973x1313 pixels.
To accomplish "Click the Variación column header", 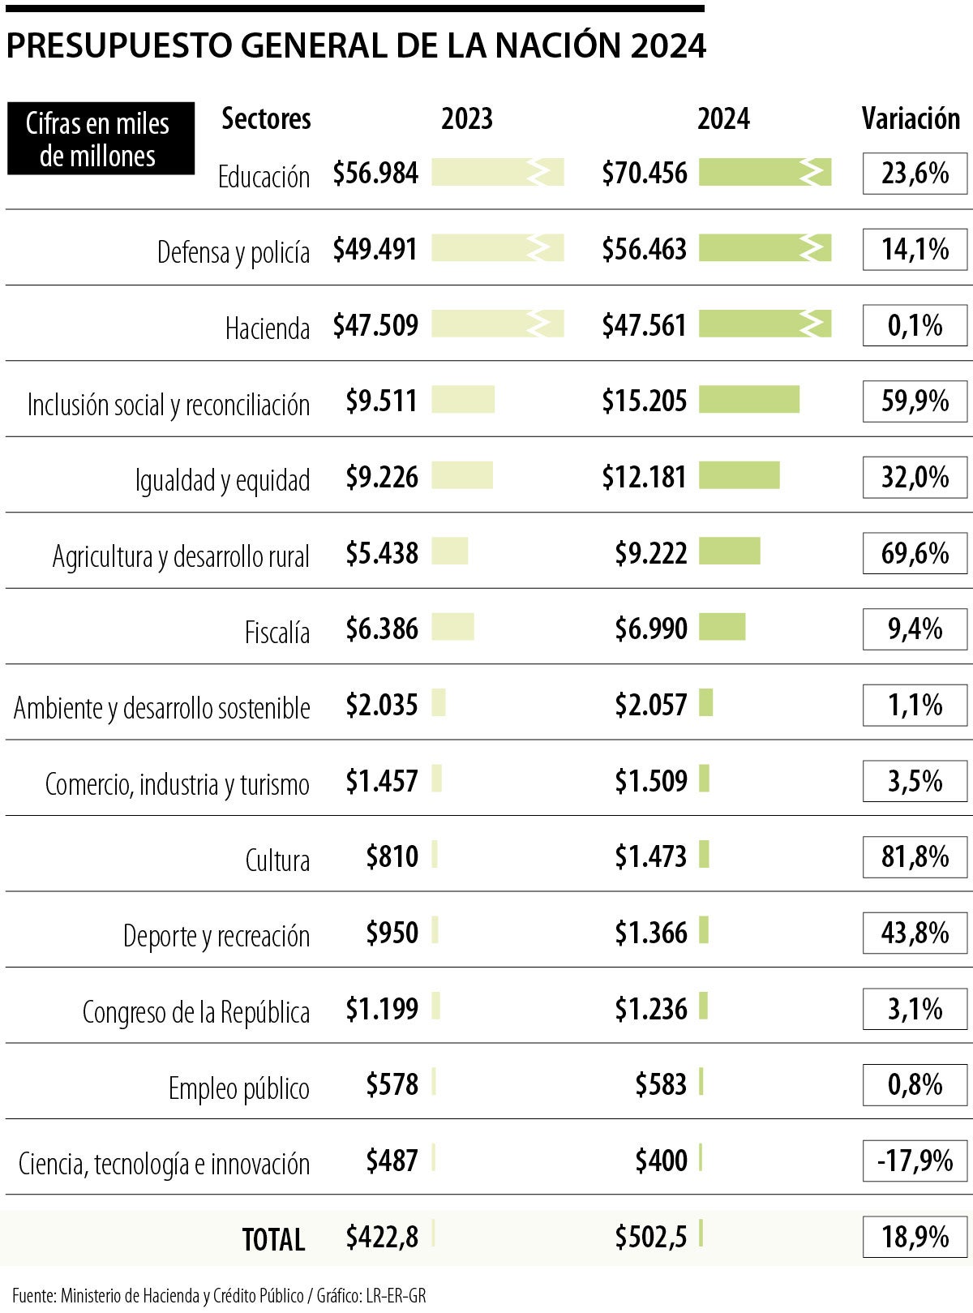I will pos(910,119).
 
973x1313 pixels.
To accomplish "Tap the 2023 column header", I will pos(466,119).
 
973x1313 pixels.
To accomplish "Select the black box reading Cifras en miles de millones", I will pos(101,139).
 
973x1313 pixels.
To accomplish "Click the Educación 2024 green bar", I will pos(765,173).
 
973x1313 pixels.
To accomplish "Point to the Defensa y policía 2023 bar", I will pos(497,248).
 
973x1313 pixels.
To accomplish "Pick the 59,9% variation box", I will pos(915,401).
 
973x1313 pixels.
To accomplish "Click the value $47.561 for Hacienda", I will pos(644,325).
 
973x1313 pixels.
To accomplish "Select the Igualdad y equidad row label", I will pos(222,480).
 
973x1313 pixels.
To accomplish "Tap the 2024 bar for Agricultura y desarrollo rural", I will pos(729,551).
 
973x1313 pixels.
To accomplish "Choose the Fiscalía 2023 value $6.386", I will pos(382,629).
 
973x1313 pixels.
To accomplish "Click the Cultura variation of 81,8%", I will pos(915,856).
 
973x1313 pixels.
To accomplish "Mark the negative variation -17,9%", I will pos(915,1161).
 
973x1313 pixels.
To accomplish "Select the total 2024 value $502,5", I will pos(650,1237).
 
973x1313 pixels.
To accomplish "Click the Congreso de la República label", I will pos(195,1012).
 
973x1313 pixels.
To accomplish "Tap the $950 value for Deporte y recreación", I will pos(392,933).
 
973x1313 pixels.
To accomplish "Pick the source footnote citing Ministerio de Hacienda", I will pos(219,1295).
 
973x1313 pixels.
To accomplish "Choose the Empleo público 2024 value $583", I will pos(661,1085).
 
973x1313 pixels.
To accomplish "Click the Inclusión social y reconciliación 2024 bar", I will pos(748,400).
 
